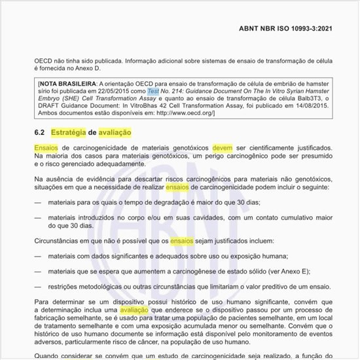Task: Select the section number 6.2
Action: click(x=39, y=132)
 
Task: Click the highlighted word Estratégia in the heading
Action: click(x=69, y=132)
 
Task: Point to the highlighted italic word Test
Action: click(x=153, y=93)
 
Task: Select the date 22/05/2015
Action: click(x=113, y=93)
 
